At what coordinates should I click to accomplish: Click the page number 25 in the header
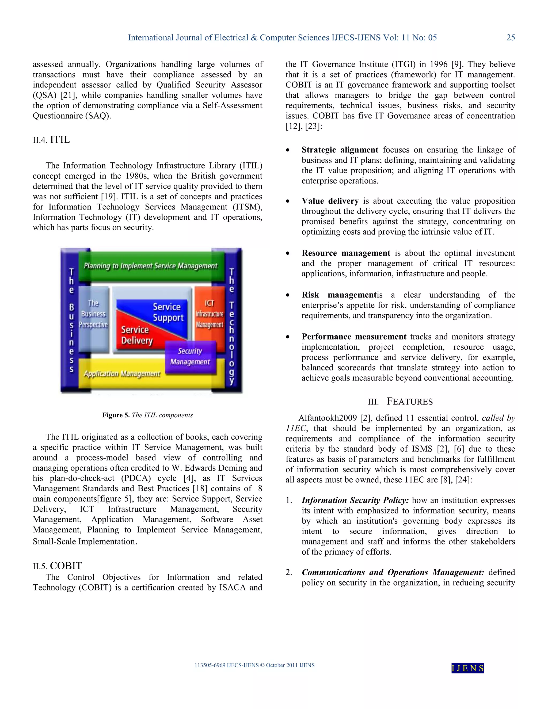click(510, 38)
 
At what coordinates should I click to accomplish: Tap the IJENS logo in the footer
click(467, 668)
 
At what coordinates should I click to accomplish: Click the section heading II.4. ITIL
click(51, 140)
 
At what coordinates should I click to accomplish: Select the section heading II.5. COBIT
click(57, 566)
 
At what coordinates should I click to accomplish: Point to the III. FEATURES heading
click(400, 402)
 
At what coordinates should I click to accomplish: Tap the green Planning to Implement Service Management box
click(151, 266)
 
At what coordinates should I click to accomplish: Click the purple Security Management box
click(190, 356)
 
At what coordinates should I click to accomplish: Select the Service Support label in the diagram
click(168, 312)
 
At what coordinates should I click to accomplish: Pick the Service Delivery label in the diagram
click(137, 335)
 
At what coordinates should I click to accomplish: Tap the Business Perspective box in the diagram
click(93, 314)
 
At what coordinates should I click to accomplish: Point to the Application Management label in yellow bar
click(122, 374)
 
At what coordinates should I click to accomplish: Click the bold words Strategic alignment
click(340, 150)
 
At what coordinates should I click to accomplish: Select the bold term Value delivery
click(330, 201)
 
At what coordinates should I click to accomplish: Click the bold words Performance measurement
click(353, 337)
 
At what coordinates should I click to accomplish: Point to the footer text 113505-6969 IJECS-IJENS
click(226, 665)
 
